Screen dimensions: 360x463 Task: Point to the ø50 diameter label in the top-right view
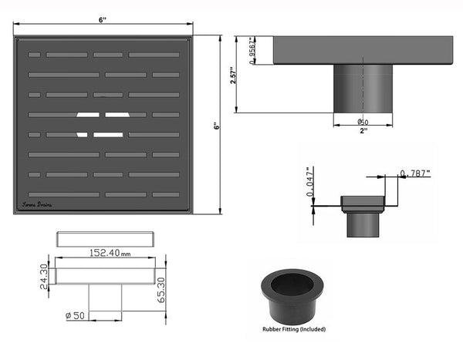[x=363, y=122]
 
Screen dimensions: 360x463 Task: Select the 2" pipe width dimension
[x=363, y=132]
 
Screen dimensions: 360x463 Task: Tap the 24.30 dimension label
[x=45, y=274]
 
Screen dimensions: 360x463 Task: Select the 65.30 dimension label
[x=161, y=289]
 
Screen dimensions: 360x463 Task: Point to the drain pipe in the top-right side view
[x=363, y=89]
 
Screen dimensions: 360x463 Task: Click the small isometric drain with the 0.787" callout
[x=363, y=215]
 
